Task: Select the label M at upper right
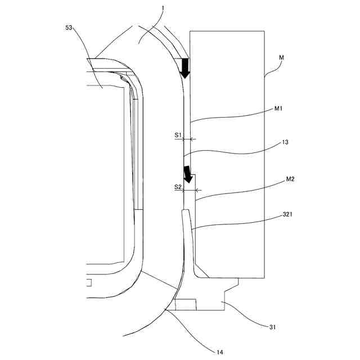(282, 58)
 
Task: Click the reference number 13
(285, 143)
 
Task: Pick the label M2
(290, 179)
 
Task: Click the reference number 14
(219, 352)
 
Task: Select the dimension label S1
(177, 136)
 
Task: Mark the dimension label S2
(177, 187)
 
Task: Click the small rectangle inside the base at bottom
(186, 305)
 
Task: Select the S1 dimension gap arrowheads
(188, 138)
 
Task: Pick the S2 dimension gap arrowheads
(189, 190)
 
